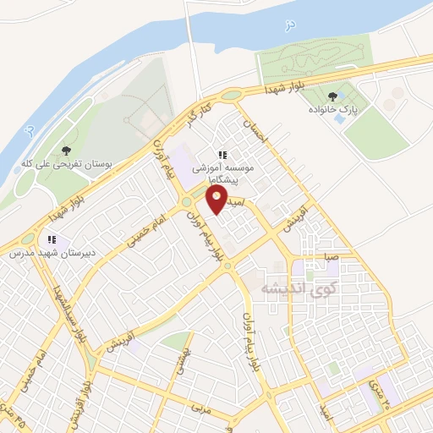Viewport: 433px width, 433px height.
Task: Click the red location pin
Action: tap(217, 200)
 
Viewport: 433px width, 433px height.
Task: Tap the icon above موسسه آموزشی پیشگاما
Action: tap(222, 156)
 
